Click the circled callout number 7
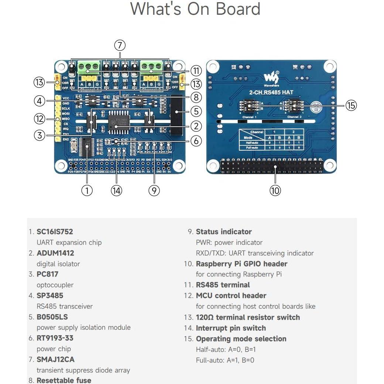(x=120, y=45)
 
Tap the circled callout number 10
(x=275, y=190)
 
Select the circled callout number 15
(x=351, y=106)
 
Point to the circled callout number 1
(x=87, y=190)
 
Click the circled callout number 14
(x=116, y=190)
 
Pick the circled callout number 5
(x=196, y=111)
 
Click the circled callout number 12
(x=39, y=119)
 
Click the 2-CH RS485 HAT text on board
(x=271, y=92)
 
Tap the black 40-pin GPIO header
(x=271, y=166)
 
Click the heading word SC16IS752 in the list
(x=55, y=232)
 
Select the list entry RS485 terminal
(x=223, y=285)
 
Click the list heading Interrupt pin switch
(x=231, y=328)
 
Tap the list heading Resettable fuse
(x=64, y=380)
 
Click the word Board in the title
(x=238, y=9)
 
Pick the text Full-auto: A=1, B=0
(x=225, y=360)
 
